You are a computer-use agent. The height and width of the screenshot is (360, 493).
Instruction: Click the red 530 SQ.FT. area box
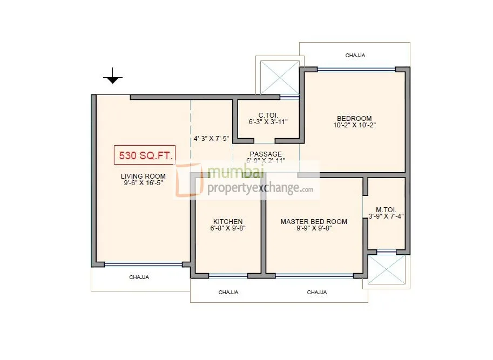(144, 155)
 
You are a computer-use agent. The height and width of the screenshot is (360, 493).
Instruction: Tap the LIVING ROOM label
(143, 176)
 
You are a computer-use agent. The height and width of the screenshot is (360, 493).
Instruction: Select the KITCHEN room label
(227, 221)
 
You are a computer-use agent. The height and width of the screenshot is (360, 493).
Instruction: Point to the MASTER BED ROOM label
(314, 221)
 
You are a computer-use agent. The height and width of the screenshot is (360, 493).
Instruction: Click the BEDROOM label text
(354, 118)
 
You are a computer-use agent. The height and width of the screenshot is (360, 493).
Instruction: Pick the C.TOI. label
(268, 115)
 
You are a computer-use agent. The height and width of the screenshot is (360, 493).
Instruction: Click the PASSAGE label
(265, 154)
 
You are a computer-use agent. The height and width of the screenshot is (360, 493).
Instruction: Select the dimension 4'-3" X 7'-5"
(211, 138)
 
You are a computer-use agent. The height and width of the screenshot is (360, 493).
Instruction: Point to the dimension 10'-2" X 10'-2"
(354, 125)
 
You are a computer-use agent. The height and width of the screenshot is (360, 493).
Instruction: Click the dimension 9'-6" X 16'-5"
(143, 183)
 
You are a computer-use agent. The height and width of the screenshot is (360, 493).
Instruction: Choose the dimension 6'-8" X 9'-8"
(227, 228)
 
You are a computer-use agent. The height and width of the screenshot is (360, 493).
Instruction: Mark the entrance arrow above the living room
(112, 77)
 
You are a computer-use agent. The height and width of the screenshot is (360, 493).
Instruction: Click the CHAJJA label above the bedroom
(355, 55)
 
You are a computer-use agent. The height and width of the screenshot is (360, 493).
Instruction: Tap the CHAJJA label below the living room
(139, 277)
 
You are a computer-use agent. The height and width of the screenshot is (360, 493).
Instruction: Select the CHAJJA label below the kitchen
(228, 292)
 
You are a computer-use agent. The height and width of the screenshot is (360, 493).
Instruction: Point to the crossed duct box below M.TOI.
(386, 269)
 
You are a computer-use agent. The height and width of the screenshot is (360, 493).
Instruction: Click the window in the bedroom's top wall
(356, 69)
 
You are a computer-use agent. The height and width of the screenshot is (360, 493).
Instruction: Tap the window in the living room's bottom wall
(143, 264)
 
